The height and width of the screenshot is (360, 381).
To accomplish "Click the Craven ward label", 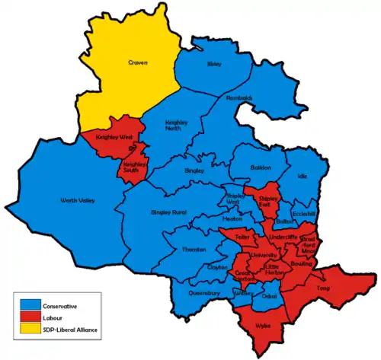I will (137, 63).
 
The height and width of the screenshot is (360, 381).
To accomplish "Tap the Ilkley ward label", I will (214, 65).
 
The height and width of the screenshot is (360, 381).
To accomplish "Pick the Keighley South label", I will (135, 167).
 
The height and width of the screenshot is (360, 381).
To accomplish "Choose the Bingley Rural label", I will (169, 211).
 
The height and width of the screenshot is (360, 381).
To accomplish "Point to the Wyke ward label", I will (263, 325).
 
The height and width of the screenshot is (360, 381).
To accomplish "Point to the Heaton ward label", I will (233, 218).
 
